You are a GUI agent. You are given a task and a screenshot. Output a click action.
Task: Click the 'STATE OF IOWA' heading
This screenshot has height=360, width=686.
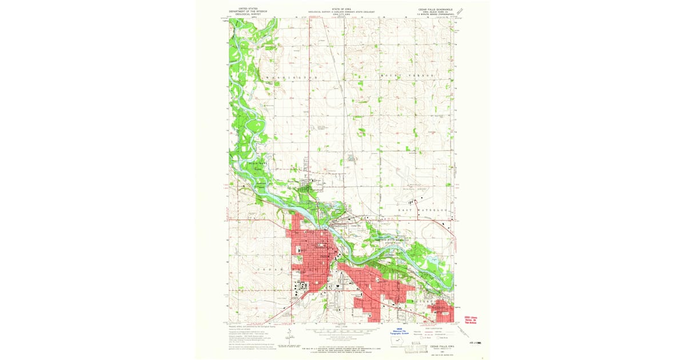(x=342, y=9)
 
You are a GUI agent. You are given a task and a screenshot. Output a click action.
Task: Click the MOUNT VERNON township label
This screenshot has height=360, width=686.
(x=408, y=75)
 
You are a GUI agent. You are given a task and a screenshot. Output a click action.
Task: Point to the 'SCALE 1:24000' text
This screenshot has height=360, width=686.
(x=341, y=326)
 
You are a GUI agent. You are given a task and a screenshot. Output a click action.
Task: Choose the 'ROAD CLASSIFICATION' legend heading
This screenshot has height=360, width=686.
(x=437, y=327)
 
